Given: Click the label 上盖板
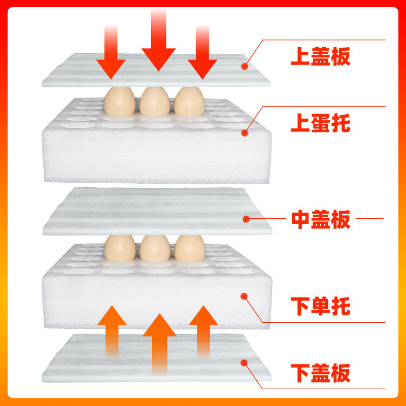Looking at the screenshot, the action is click(320, 56).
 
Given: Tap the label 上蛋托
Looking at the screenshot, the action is click(320, 123).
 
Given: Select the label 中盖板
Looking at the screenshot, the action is click(320, 219).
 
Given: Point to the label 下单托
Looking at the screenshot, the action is click(320, 306).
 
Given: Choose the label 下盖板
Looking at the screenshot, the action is click(320, 373).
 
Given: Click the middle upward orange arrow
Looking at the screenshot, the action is click(160, 345).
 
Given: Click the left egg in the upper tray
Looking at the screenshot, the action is click(120, 101).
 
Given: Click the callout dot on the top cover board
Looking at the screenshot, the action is click(245, 66).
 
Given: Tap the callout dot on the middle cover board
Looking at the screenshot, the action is click(246, 219).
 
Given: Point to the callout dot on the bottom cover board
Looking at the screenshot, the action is click(244, 362).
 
